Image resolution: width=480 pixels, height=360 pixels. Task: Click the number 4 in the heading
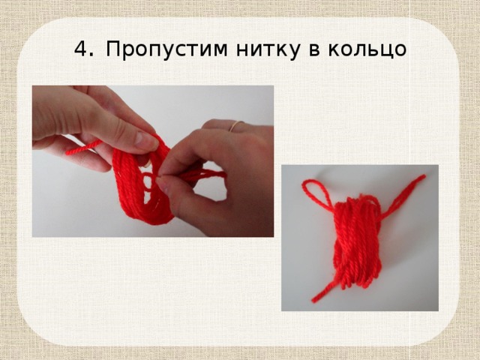[x=81, y=49]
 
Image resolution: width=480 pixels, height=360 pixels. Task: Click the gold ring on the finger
[x=235, y=125]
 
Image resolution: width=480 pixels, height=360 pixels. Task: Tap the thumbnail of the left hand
[x=145, y=139]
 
